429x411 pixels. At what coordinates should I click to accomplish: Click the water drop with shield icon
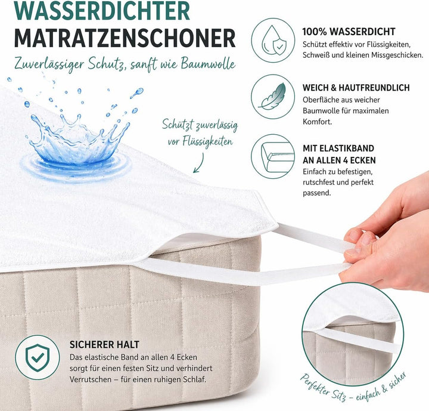(273, 41)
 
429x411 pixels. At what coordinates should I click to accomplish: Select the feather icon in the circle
(273, 97)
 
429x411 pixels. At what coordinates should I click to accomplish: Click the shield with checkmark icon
(38, 357)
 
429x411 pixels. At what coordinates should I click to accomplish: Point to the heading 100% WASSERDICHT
(349, 32)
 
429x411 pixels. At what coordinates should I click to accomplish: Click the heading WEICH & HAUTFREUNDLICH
(356, 88)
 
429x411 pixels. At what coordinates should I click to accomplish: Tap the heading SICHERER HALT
(104, 344)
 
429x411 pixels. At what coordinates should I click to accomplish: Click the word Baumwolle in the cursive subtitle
(208, 64)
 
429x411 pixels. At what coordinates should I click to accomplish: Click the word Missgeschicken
(397, 55)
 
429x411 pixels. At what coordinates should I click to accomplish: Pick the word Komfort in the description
(317, 122)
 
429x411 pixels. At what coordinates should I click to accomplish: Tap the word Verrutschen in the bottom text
(91, 379)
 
